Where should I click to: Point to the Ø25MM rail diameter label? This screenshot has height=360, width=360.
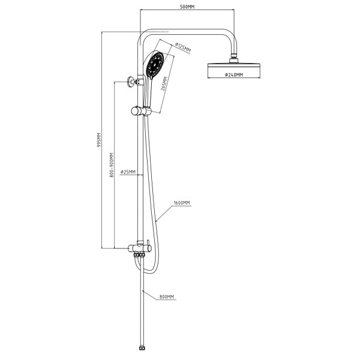(128, 172)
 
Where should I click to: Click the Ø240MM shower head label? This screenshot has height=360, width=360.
(233, 75)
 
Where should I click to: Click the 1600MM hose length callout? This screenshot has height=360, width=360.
(182, 203)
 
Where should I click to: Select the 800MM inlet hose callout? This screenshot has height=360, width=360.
(167, 297)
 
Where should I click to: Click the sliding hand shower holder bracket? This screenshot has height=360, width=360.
(140, 110)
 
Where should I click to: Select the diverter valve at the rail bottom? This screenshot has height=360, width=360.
(140, 247)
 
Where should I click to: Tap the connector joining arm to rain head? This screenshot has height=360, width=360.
(233, 58)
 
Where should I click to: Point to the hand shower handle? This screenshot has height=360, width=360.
(146, 90)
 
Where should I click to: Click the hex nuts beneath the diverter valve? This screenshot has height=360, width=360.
(140, 255)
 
